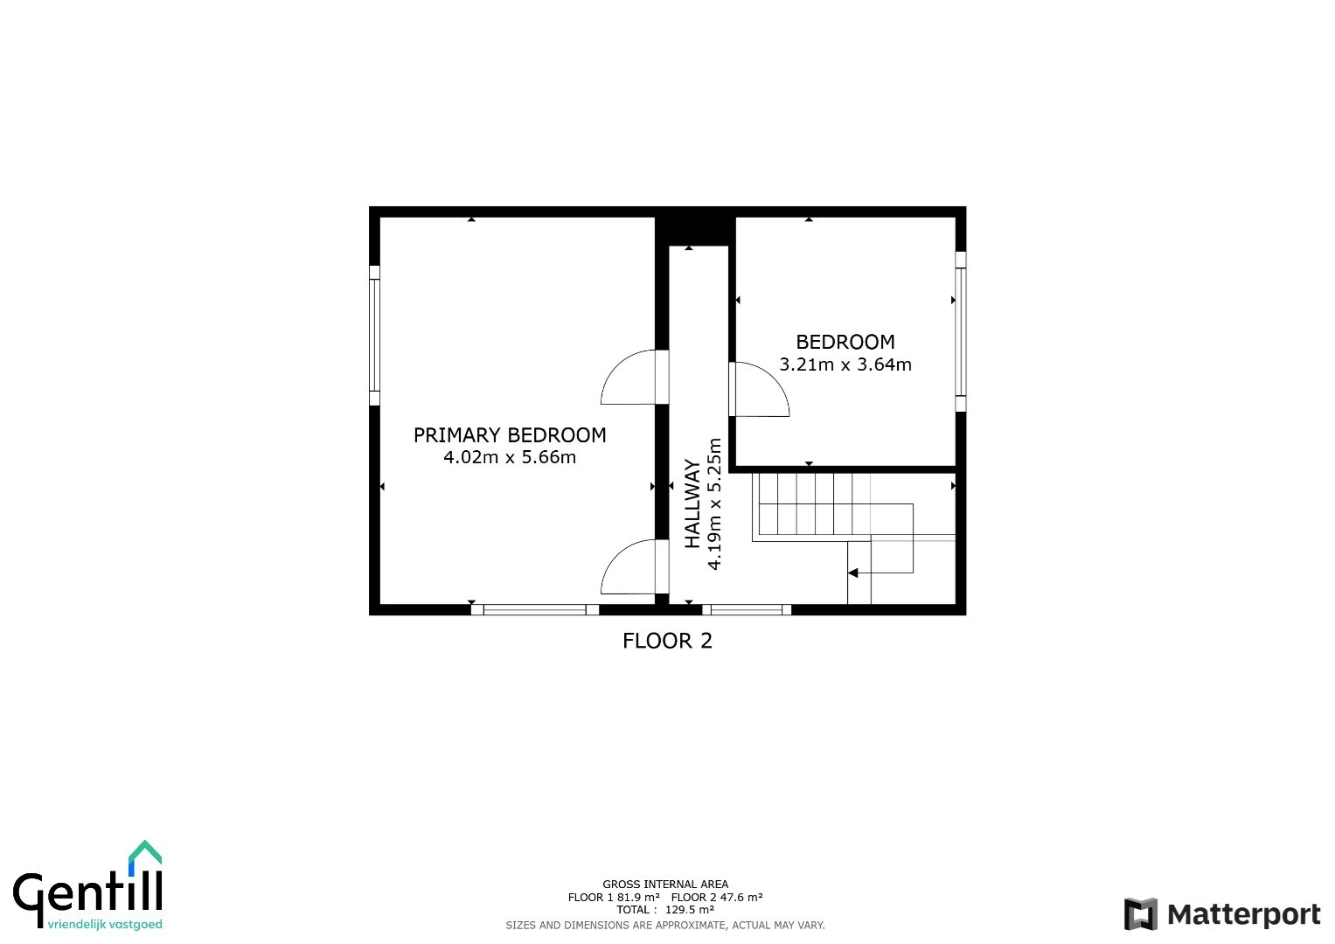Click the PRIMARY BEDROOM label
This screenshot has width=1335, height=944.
coord(510,435)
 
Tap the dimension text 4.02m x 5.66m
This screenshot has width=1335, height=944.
coord(510,457)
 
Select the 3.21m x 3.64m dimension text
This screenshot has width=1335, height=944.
coord(845,364)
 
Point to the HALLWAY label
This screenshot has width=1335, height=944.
coord(692,503)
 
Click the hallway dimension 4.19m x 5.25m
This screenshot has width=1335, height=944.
coord(714,504)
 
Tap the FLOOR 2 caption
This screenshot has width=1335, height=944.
coord(668,641)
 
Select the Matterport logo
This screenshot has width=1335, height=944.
coord(1221,914)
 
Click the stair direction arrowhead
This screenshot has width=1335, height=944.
coord(853,573)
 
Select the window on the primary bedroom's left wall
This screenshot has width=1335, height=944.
coord(374,336)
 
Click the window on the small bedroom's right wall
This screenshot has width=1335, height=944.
coord(961,331)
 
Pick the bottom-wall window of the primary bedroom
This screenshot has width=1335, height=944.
coord(534,609)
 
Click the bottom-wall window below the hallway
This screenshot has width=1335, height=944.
coord(746,609)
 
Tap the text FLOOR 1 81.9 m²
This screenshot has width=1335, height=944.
coord(614,897)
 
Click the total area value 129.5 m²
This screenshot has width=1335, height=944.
coord(690,909)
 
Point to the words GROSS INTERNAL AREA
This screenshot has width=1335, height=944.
coord(665,885)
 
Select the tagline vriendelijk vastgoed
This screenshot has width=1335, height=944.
coord(105,925)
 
